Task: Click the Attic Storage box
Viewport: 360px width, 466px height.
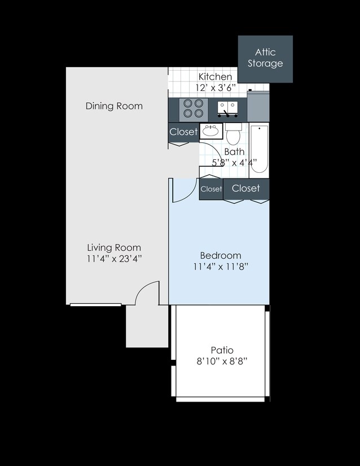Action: coord(265,59)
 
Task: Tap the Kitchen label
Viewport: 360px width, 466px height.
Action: coord(215,77)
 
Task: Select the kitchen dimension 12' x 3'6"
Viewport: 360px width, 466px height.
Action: coord(216,88)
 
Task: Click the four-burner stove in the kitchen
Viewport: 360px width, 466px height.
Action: coord(193,108)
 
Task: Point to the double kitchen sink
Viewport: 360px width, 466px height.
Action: coord(227,109)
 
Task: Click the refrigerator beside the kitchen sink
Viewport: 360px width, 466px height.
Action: coord(258,106)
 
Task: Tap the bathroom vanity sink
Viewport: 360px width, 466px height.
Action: coord(211,131)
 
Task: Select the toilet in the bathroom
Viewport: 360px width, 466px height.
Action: coord(233,134)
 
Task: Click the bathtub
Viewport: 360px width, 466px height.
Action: coord(259,149)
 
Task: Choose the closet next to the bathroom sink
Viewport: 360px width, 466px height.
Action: coord(183,132)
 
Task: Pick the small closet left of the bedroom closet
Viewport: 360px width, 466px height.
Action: coord(211,189)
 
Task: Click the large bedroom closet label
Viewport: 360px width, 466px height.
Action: coord(246,188)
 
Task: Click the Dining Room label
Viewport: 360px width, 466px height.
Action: coord(114,106)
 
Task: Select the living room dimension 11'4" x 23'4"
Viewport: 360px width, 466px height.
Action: coord(114,259)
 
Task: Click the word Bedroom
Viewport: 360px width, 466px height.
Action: coord(221,255)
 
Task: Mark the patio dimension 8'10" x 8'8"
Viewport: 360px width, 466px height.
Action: coord(222,361)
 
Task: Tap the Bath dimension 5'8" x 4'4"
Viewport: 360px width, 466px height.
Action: coord(234,163)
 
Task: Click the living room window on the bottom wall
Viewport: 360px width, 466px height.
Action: coord(95,304)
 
